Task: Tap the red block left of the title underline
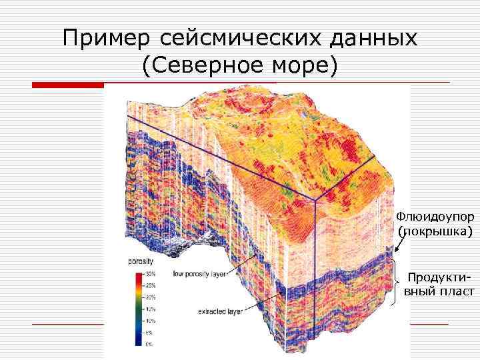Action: pyautogui.click(x=68, y=85)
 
